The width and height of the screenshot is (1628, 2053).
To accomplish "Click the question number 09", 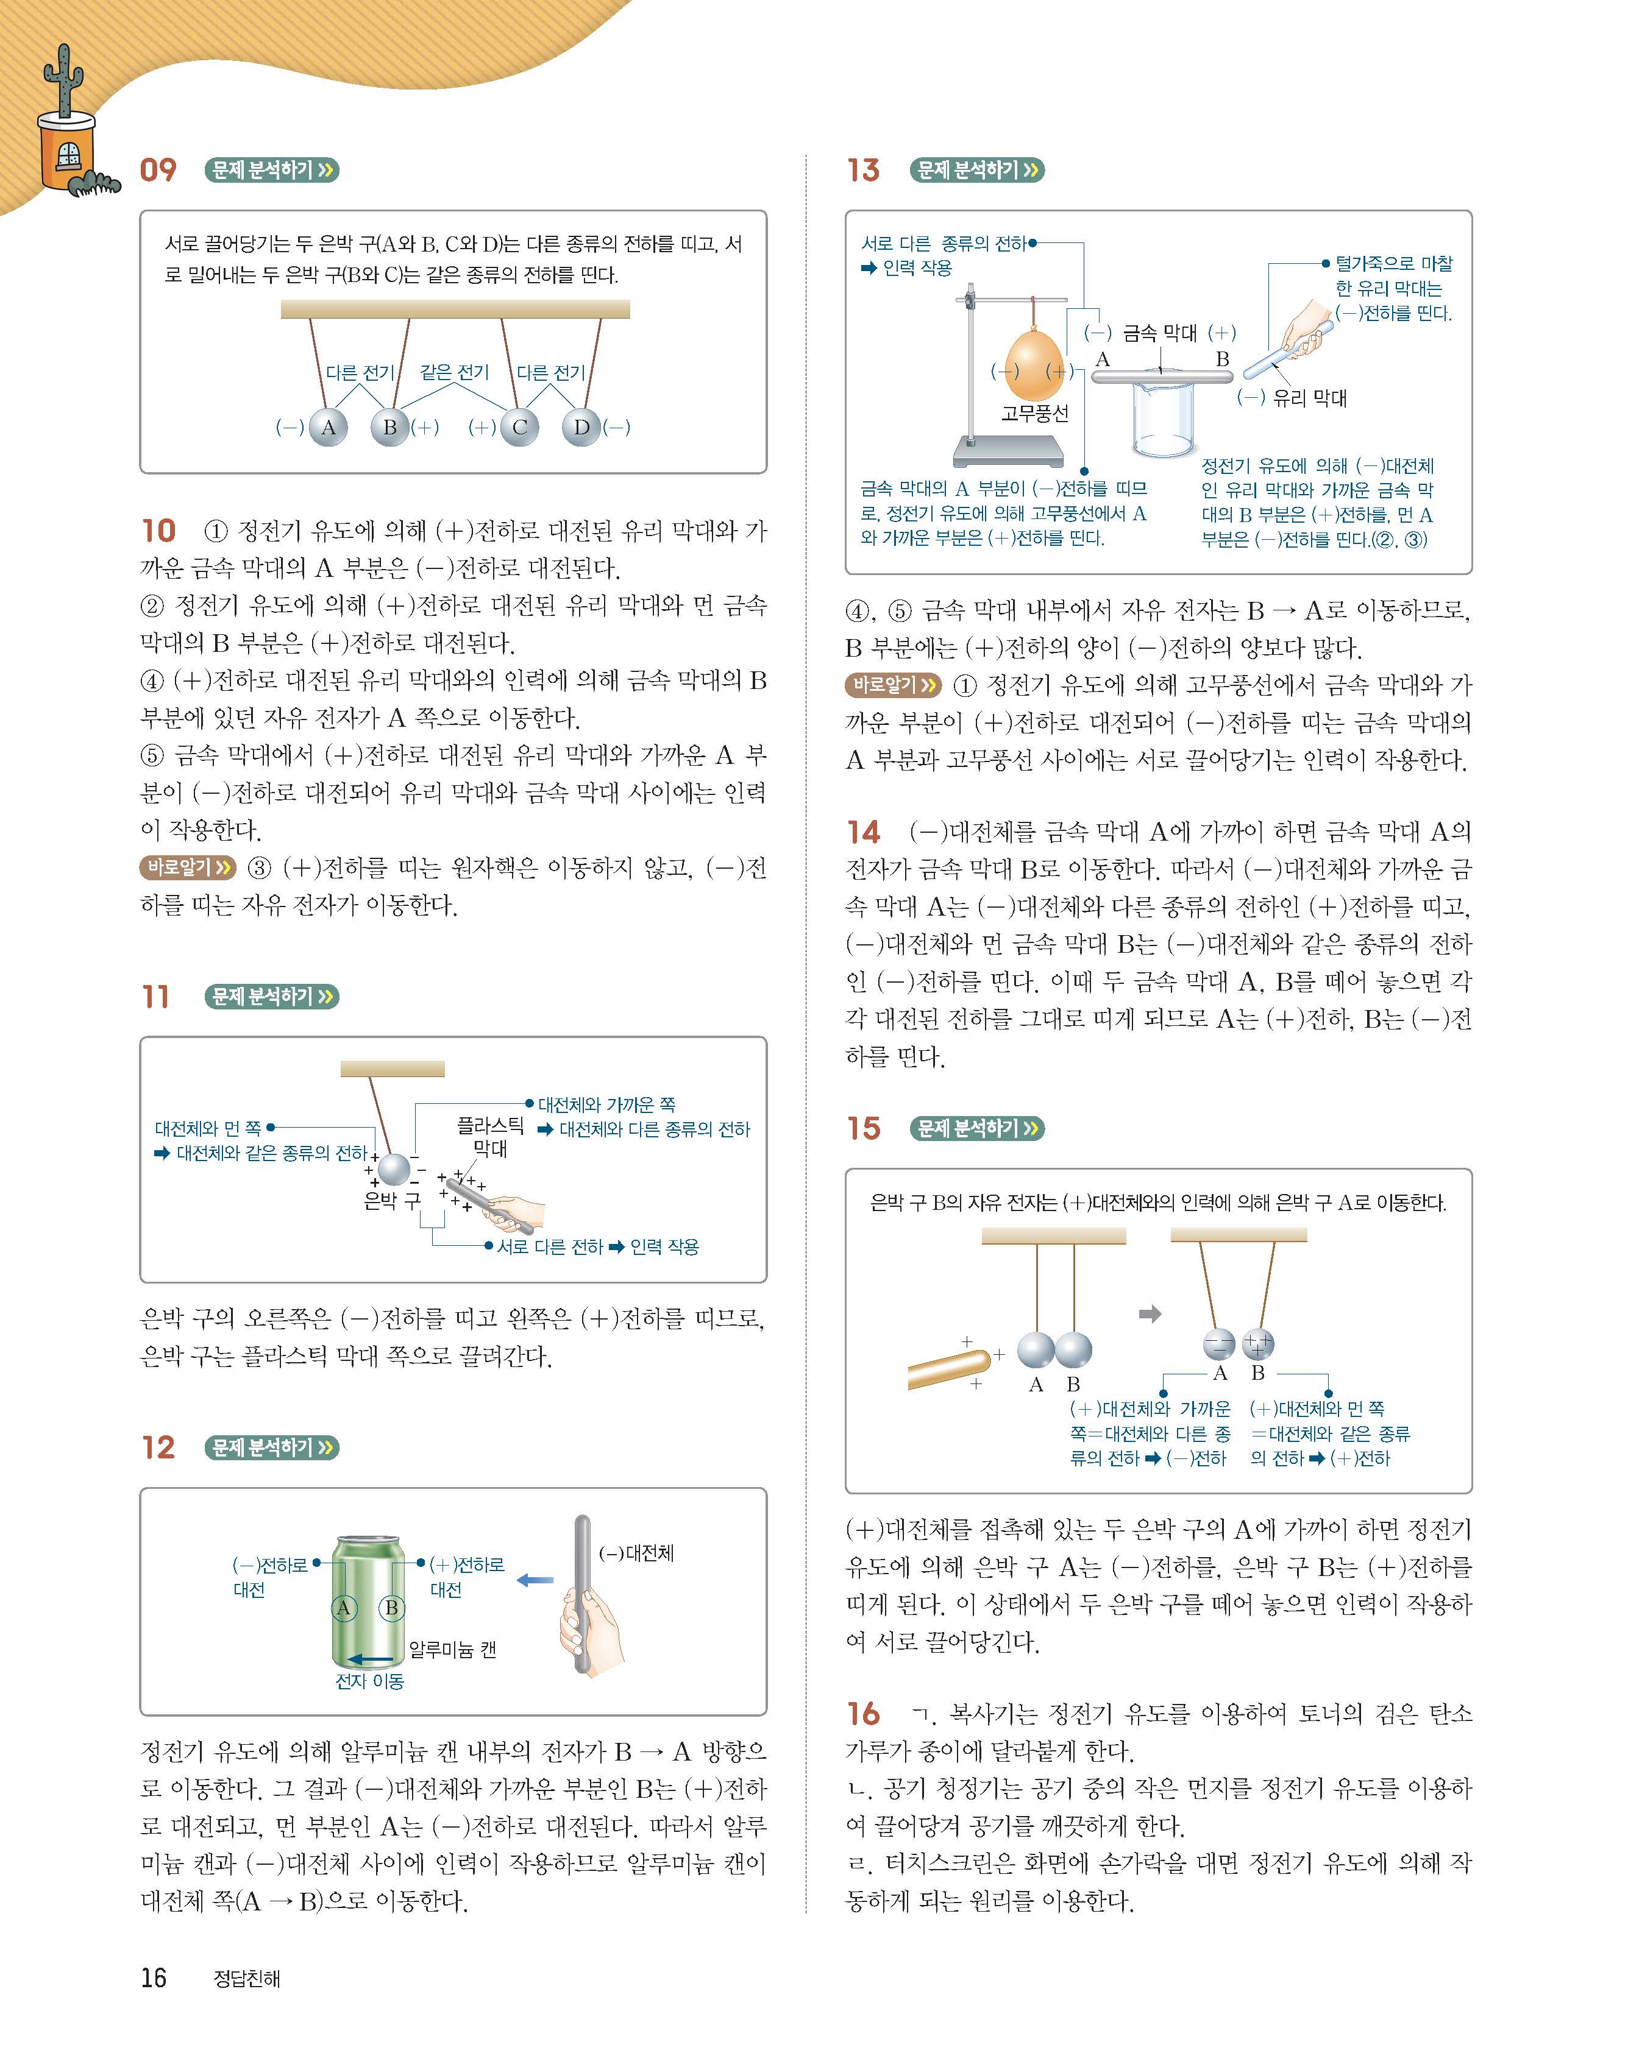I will tap(158, 171).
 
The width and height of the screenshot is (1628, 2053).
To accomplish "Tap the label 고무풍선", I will tap(1034, 413).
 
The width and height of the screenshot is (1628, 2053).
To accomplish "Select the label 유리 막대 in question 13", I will tap(1310, 398).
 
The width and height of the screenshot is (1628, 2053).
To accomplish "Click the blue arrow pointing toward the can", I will tap(535, 1580).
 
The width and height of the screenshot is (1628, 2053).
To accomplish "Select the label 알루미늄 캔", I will tap(452, 1649).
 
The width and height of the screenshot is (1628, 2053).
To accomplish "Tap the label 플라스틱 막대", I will tap(489, 1137).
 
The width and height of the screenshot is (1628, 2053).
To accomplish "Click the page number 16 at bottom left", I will tap(154, 1979).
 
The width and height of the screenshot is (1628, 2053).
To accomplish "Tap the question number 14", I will tap(863, 832).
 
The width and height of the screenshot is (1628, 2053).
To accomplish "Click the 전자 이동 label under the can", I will tap(369, 1681).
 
